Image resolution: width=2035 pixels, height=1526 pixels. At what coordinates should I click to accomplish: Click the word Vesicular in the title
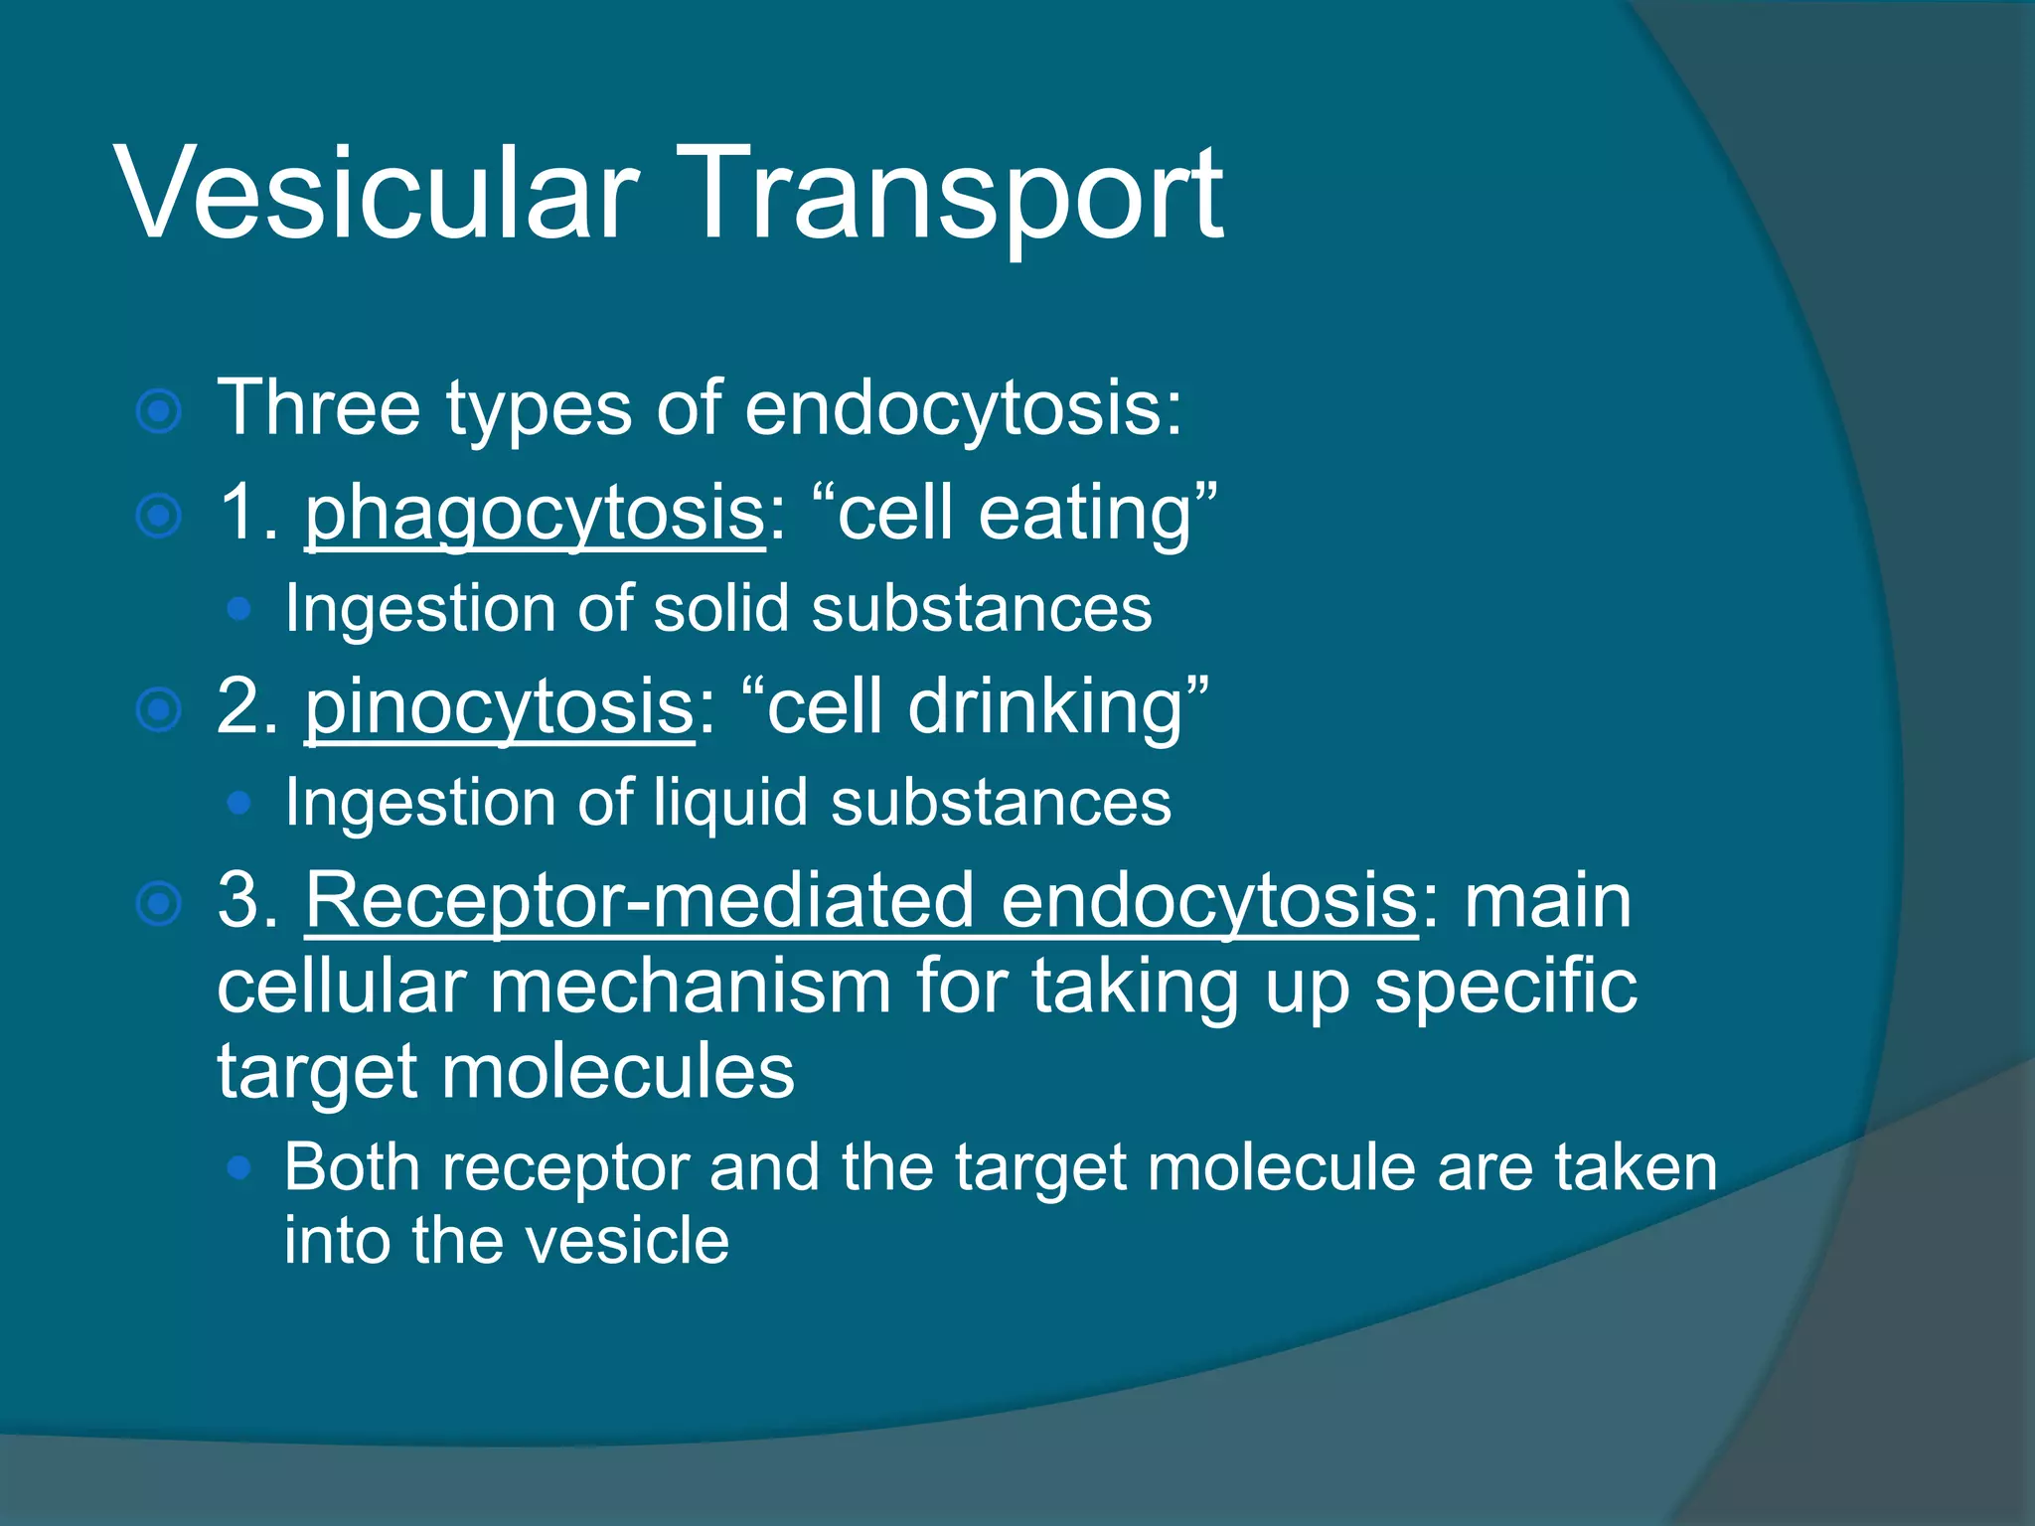[x=378, y=193]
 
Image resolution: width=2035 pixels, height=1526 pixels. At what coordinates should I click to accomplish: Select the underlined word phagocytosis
[x=535, y=515]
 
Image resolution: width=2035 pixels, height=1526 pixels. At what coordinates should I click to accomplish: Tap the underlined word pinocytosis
[x=499, y=708]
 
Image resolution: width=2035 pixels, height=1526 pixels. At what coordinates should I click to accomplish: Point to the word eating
[x=1084, y=515]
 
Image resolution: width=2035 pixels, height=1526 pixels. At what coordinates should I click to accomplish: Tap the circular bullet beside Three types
[x=159, y=411]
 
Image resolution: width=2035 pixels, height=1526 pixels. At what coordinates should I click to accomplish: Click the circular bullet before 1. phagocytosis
[x=159, y=517]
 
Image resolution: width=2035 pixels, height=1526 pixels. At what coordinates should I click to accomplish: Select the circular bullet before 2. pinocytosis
[x=159, y=710]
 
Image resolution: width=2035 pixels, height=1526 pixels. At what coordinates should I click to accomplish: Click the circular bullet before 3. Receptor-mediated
[x=159, y=904]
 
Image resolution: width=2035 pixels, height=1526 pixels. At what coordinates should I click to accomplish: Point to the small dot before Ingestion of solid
[x=238, y=609]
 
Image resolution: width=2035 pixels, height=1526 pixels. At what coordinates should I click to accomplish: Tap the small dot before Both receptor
[x=238, y=1168]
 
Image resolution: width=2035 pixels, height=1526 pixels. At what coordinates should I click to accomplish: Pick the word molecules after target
[x=617, y=1073]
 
